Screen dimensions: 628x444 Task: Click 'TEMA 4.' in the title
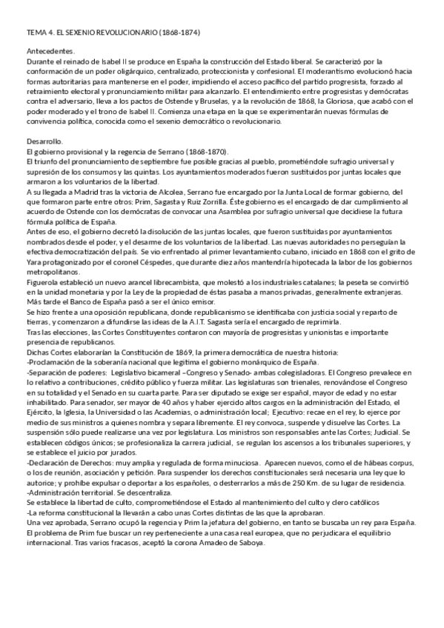tap(37, 33)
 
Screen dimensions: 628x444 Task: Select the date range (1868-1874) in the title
tap(175, 33)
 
